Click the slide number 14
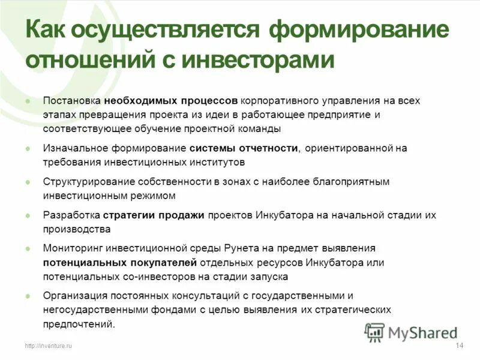click(460, 345)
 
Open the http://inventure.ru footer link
click(48, 346)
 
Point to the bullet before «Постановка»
click(28, 100)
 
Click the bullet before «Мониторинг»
click(28, 248)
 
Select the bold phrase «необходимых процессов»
click(171, 100)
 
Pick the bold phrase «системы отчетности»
click(244, 148)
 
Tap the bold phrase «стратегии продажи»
click(154, 215)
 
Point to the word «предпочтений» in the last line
click(77, 325)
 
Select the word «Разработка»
click(71, 215)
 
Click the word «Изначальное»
click(76, 148)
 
